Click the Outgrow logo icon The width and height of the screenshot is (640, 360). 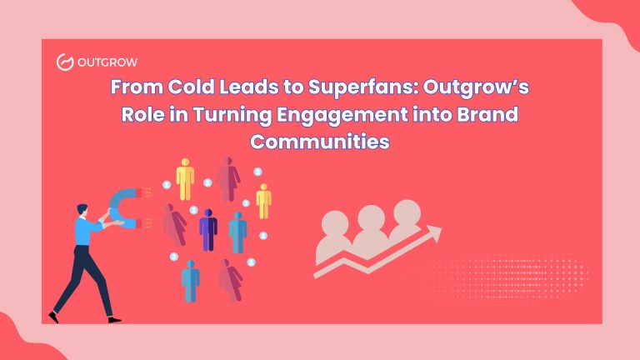pos(64,61)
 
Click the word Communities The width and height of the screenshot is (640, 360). pos(320,141)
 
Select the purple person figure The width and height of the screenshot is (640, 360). pos(207,228)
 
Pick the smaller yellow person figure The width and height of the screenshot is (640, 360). pos(263,201)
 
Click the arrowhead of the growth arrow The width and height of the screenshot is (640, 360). pos(434,237)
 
